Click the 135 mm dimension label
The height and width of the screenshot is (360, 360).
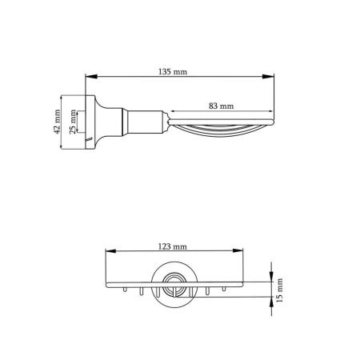pyautogui.click(x=173, y=72)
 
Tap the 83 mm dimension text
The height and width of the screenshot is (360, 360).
pyautogui.click(x=221, y=106)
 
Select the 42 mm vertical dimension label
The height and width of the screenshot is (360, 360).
pyautogui.click(x=57, y=122)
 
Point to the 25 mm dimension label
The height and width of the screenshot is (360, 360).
pyautogui.click(x=73, y=122)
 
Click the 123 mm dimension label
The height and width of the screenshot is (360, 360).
pyautogui.click(x=173, y=246)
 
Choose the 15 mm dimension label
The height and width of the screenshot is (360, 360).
pyautogui.click(x=279, y=290)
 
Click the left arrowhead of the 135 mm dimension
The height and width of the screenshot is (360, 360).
pyautogui.click(x=90, y=77)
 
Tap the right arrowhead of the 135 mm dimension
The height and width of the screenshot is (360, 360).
pyautogui.click(x=268, y=77)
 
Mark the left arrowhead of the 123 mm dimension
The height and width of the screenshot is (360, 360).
pyautogui.click(x=110, y=250)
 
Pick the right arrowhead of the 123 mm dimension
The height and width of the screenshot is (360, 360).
pyautogui.click(x=238, y=250)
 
